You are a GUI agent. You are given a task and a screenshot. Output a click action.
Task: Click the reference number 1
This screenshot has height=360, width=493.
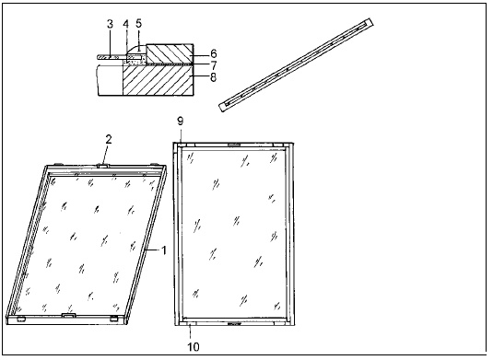163,250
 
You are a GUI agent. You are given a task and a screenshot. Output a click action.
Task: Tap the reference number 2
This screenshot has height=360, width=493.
109,140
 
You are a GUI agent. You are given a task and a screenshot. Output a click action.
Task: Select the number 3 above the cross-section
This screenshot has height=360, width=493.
110,24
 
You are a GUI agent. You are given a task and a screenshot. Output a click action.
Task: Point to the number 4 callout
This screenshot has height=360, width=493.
125,24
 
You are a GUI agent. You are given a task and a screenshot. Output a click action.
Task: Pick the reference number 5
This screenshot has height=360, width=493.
138,23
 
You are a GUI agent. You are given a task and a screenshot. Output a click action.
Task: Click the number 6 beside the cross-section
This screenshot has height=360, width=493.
213,53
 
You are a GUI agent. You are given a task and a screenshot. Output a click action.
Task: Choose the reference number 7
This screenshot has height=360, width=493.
214,65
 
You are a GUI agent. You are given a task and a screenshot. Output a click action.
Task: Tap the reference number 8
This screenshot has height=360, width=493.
213,77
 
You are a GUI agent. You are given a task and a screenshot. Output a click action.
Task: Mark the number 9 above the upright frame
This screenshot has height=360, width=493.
181,122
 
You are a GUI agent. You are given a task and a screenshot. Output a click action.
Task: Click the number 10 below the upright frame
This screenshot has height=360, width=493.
194,347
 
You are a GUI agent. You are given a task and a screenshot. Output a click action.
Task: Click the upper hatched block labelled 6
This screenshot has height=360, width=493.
170,53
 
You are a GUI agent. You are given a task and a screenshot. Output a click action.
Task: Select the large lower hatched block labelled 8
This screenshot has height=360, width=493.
158,80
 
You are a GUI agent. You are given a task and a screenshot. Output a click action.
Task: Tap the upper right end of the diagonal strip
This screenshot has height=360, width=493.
370,22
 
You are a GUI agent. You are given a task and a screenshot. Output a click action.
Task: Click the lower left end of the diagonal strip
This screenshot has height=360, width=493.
223,108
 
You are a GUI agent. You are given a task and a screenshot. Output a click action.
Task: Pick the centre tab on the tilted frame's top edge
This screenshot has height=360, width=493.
103,165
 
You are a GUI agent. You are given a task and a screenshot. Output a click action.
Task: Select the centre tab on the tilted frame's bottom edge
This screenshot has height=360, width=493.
69,315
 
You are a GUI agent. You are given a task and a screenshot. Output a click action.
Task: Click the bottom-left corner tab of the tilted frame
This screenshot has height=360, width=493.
21,319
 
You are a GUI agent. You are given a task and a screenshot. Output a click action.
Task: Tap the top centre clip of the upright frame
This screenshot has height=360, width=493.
234,145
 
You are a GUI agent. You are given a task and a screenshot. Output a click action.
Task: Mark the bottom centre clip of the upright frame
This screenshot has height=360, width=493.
234,323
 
